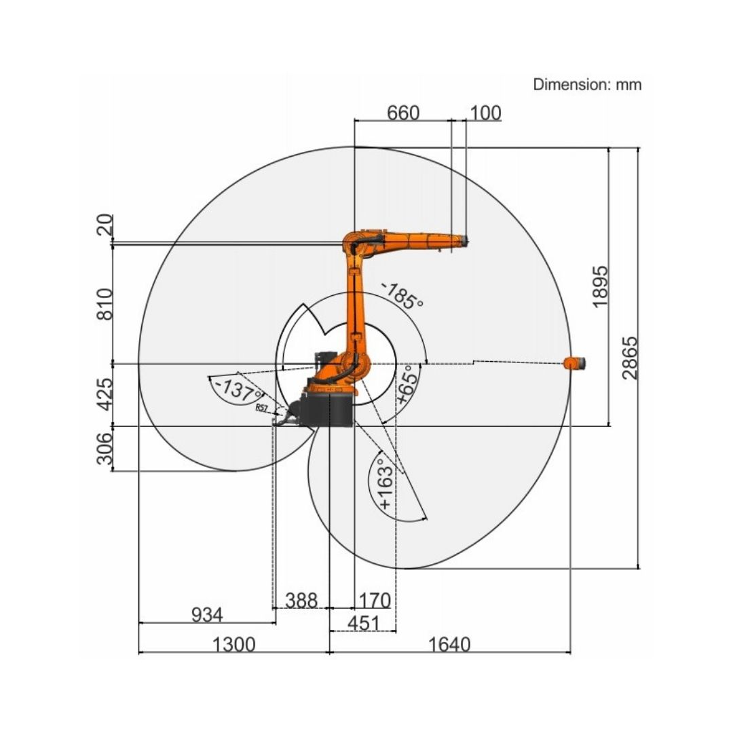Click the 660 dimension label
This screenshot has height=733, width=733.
tap(403, 113)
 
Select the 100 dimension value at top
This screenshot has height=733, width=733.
tap(485, 113)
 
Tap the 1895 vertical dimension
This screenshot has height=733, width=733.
tap(601, 286)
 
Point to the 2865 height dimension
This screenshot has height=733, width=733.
tap(630, 358)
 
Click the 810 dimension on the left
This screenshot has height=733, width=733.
tap(104, 304)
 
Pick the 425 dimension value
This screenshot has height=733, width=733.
tap(104, 395)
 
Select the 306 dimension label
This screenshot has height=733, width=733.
tap(104, 449)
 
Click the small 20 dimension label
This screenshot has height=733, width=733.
tap(104, 225)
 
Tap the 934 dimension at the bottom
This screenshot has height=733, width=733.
tap(206, 615)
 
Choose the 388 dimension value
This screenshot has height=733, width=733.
tap(301, 601)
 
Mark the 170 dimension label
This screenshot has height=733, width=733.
tap(374, 601)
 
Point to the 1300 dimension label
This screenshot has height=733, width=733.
tap(234, 644)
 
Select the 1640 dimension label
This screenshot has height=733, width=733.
tap(449, 644)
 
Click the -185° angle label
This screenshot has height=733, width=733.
tap(402, 296)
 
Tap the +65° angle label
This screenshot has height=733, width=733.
tap(408, 386)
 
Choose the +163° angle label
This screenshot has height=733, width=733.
tap(385, 484)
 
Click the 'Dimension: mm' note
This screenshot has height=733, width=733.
tap(587, 85)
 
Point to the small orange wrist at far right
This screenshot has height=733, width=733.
tap(575, 363)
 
